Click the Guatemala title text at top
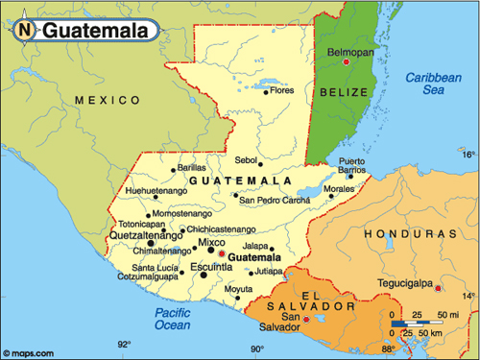tap(93, 31)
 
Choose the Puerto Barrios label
tap(352, 165)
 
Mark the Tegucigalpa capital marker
tap(438, 287)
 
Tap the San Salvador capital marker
tap(306, 320)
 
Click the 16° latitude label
tap(468, 154)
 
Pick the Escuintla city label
tap(211, 266)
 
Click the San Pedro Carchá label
tap(276, 201)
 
